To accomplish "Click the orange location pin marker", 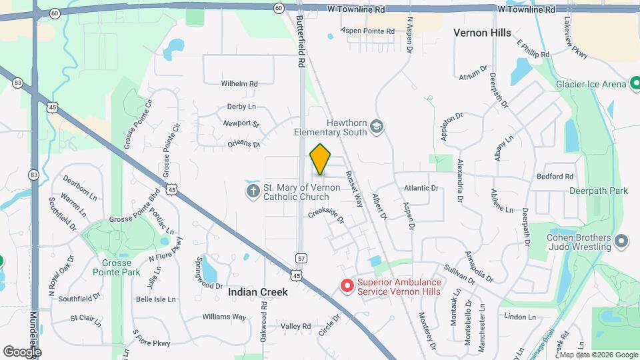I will click(321, 159).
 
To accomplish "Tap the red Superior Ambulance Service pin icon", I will click(347, 286).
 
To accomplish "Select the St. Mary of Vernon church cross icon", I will click(253, 192).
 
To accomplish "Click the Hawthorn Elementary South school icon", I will click(377, 127).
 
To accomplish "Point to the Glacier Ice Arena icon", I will click(636, 84).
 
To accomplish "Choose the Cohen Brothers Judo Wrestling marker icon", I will click(621, 241).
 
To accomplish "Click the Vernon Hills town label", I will click(482, 33).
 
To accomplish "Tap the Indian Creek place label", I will click(257, 292).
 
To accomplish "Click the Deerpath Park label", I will click(599, 191).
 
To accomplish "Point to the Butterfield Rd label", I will click(301, 40).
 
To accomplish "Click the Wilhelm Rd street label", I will click(239, 84).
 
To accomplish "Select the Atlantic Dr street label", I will click(421, 188).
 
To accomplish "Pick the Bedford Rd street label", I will click(555, 177).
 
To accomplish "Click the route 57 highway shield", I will click(301, 257).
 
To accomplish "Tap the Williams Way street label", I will click(225, 317).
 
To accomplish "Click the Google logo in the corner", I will click(23, 351).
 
